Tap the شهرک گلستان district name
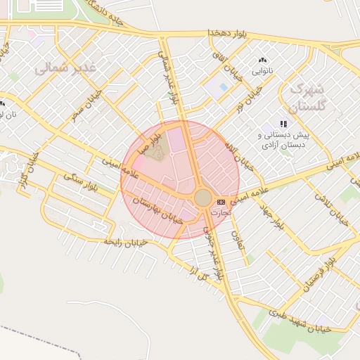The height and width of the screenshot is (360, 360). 308,99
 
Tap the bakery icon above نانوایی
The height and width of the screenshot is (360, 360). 264,61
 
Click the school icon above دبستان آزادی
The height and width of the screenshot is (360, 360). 283,124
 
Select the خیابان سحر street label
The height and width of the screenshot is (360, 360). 86,105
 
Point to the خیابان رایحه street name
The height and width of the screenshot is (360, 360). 125,241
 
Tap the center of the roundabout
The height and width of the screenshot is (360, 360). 202,198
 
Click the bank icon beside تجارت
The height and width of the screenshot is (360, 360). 222,202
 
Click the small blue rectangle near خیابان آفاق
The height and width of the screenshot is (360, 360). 223,87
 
